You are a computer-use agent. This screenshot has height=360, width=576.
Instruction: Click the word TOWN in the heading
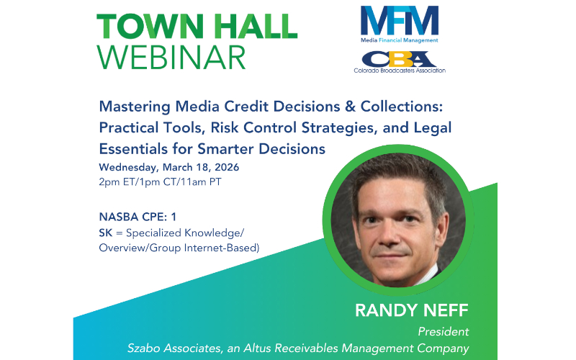(x=150, y=27)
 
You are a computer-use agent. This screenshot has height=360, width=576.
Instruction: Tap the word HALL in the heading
(x=256, y=27)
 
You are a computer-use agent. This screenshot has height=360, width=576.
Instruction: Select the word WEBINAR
(x=171, y=58)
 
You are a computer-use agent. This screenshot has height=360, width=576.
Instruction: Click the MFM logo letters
(x=400, y=20)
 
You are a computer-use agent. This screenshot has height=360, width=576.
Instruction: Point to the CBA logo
(x=400, y=59)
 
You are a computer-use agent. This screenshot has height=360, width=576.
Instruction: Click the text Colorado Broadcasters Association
(x=400, y=70)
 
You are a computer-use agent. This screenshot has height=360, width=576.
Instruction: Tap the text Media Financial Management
(x=400, y=40)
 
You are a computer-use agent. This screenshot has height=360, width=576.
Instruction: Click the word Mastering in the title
(x=135, y=107)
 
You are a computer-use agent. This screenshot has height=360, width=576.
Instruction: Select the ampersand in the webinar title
(x=350, y=107)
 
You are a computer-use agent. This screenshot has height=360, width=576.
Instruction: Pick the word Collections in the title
(x=402, y=107)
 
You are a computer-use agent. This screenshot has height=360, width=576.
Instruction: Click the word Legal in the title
(x=433, y=128)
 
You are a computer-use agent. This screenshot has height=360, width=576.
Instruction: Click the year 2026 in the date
(x=227, y=168)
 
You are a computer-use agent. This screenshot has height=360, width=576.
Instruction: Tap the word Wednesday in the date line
(x=129, y=168)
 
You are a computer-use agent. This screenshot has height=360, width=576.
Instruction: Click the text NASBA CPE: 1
(x=138, y=217)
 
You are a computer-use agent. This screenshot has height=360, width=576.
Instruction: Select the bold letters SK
(x=105, y=233)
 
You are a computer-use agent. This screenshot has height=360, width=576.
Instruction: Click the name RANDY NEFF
(x=412, y=311)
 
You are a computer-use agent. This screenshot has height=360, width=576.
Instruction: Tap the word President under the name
(x=444, y=332)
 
